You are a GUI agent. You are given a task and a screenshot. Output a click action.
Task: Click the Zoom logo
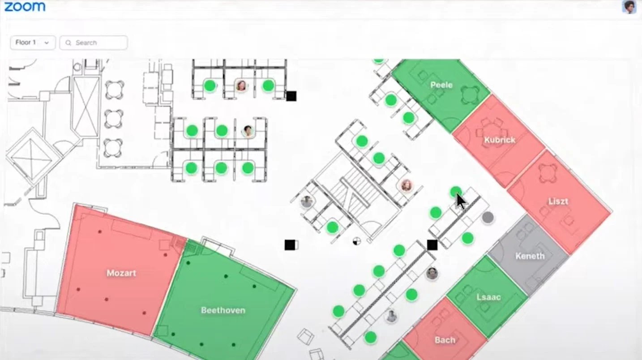tap(25, 7)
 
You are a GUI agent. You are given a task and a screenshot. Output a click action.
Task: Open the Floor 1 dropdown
tap(33, 43)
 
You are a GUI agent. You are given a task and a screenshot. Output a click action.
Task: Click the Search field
tap(94, 43)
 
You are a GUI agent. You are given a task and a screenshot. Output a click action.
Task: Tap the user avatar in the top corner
tap(629, 7)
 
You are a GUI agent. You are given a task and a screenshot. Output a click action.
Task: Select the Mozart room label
tap(121, 273)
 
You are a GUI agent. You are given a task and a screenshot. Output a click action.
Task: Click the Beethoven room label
tap(223, 310)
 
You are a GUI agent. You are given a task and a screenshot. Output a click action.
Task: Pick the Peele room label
tap(441, 85)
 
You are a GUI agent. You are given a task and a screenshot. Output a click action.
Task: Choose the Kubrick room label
tap(500, 140)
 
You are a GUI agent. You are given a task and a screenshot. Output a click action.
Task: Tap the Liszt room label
tap(558, 201)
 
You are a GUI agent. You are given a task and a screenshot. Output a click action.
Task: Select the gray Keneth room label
tap(530, 256)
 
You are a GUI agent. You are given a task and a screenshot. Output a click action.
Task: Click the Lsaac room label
tap(488, 297)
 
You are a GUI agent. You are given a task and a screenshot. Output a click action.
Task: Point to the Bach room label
tap(445, 340)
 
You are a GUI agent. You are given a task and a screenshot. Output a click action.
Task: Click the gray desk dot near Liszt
tap(488, 218)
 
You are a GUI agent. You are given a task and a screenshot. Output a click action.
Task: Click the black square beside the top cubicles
tap(291, 96)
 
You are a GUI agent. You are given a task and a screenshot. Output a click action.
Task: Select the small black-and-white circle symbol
tap(356, 241)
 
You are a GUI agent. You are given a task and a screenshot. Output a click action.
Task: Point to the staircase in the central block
tap(354, 188)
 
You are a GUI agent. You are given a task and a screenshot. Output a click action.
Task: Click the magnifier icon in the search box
tap(68, 43)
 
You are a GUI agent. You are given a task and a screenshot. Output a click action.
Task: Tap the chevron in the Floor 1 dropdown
tap(47, 43)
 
